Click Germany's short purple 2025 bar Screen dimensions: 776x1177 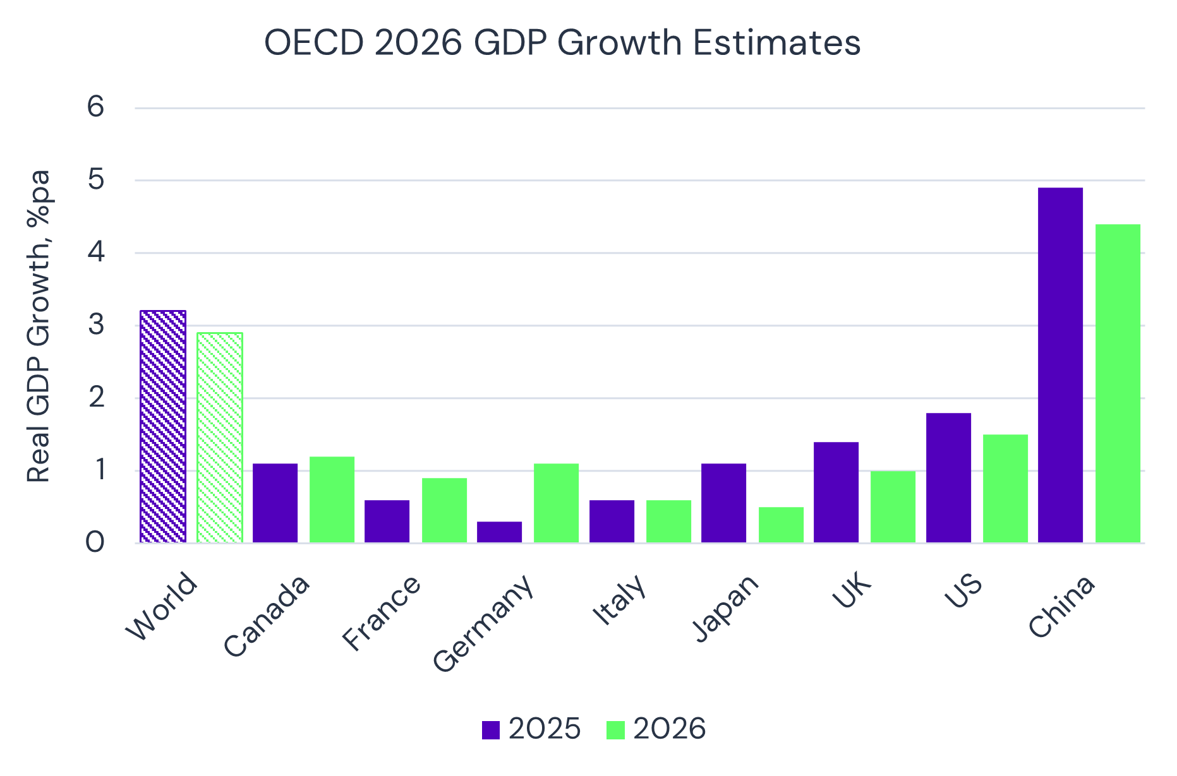(x=499, y=532)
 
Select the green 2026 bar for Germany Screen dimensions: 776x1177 (x=556, y=503)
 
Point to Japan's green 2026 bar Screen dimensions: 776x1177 (x=781, y=525)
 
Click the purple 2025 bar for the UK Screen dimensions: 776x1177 (x=836, y=492)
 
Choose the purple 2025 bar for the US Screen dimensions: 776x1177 (x=948, y=478)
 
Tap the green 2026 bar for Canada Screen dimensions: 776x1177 (x=332, y=499)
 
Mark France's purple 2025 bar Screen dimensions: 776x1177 (x=387, y=521)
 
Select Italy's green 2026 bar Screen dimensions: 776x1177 (x=668, y=521)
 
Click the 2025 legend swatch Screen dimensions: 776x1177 (x=491, y=730)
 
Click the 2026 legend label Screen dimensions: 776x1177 (x=669, y=729)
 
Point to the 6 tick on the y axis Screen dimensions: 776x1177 (x=95, y=107)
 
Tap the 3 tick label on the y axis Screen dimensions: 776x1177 (x=95, y=325)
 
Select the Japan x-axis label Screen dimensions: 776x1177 (x=726, y=609)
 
